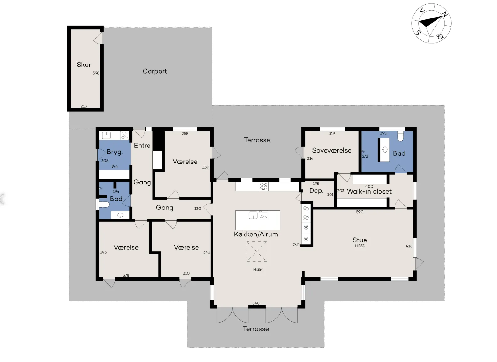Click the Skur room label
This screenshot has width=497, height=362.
tap(84, 65)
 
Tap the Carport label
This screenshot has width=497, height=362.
tap(155, 71)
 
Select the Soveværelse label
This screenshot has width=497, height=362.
tap(332, 150)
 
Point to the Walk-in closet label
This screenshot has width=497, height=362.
tap(369, 191)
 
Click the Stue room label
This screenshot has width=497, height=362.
tap(360, 240)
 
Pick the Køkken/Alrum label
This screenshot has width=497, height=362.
tap(256, 234)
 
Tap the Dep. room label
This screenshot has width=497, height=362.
tap(316, 191)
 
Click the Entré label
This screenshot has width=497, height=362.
tap(142, 145)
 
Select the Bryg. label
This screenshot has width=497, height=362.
tap(114, 152)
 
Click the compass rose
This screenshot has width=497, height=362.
tap(431, 23)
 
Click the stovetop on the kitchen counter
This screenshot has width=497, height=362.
tap(264, 186)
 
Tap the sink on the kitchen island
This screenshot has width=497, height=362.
tap(253, 215)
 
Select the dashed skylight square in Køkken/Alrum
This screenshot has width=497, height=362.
tap(256, 251)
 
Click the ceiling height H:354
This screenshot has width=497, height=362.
tap(258, 270)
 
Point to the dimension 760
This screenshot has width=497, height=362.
tap(296, 245)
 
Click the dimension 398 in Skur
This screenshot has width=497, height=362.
tap(96, 73)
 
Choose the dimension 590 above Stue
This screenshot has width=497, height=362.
tap(360, 212)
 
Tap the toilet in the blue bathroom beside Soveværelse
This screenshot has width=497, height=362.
tap(400, 136)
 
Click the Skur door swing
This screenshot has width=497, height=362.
tap(98, 38)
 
